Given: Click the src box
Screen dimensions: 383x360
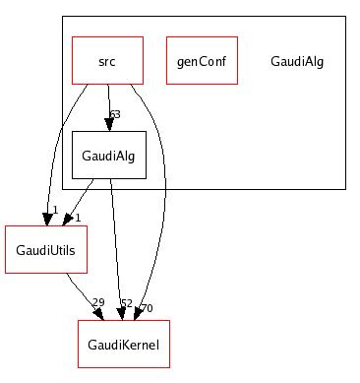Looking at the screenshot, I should [x=107, y=60].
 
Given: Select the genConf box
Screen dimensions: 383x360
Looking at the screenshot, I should [x=202, y=60].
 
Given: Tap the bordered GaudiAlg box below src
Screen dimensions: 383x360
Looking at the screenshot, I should [x=108, y=155].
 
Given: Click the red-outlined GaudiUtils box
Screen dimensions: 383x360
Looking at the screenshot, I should [x=46, y=249].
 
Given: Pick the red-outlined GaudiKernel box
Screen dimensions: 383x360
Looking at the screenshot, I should [x=124, y=344].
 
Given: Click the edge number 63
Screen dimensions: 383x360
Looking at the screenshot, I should [x=114, y=114].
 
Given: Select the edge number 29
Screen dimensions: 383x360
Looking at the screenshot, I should [x=97, y=302].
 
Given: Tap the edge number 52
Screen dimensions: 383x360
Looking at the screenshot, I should [x=126, y=302].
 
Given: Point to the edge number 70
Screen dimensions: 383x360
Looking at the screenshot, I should [x=147, y=308].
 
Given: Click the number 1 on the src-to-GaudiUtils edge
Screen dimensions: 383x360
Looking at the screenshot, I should [x=55, y=209].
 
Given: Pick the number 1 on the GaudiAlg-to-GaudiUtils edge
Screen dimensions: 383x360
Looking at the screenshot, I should [x=78, y=218].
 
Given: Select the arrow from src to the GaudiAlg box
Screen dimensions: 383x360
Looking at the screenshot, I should [x=108, y=103].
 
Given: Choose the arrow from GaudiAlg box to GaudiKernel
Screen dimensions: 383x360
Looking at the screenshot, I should [x=116, y=246].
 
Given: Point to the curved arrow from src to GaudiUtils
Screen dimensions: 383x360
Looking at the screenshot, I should [x=53, y=148].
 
